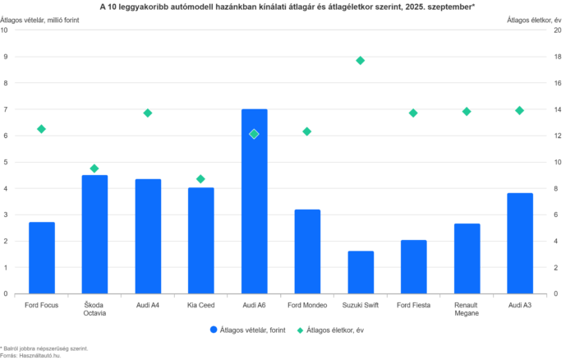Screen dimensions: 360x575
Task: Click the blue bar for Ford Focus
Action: (42, 257)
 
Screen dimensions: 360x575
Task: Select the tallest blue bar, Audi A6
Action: (254, 201)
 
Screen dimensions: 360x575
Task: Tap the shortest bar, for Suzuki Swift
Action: (361, 272)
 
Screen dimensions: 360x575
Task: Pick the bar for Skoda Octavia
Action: (94, 234)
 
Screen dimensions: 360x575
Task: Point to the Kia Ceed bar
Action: (200, 240)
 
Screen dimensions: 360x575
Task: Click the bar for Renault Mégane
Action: (467, 258)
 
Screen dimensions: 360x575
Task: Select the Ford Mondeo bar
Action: (307, 251)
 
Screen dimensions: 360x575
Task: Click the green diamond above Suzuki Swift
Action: (360, 60)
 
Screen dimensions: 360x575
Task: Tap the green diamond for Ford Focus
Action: (41, 128)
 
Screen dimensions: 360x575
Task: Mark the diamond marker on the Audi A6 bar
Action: (254, 134)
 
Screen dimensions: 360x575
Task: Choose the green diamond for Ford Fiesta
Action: (413, 113)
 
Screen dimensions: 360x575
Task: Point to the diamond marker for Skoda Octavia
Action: (94, 168)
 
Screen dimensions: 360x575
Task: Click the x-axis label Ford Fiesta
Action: (413, 305)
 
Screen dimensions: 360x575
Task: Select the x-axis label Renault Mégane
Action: (467, 308)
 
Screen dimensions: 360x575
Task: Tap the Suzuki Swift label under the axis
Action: (360, 305)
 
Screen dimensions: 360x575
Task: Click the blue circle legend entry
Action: (214, 330)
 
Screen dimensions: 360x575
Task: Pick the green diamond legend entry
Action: (301, 330)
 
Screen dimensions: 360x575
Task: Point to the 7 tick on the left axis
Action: (6, 109)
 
